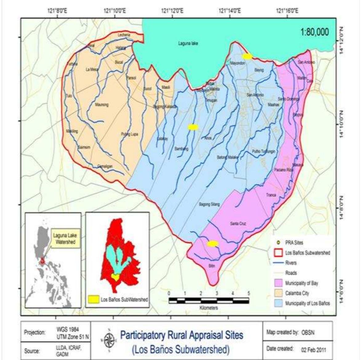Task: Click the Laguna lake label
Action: click(x=188, y=44)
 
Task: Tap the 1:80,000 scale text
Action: click(x=314, y=32)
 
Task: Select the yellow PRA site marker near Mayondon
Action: click(x=247, y=56)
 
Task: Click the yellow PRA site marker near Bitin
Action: click(x=213, y=244)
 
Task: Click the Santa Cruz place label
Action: click(x=238, y=224)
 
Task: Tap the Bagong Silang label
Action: click(x=209, y=204)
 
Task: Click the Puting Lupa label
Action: click(x=129, y=134)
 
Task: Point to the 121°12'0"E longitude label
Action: click(x=172, y=11)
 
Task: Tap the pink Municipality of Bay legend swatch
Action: click(x=278, y=283)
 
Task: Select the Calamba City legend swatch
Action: click(x=278, y=293)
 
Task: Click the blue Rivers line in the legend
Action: click(x=278, y=263)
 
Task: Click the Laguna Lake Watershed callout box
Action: click(x=65, y=239)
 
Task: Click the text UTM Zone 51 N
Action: click(x=73, y=337)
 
